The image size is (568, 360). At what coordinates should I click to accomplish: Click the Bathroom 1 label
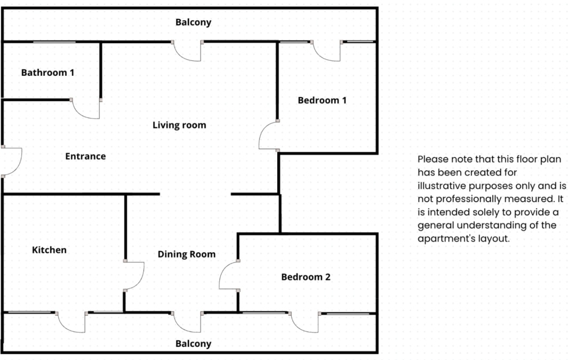[x=47, y=73]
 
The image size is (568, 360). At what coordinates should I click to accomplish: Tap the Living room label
[x=179, y=125]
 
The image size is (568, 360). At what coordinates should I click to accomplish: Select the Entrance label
[x=85, y=156]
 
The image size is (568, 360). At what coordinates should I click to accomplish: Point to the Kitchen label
[x=49, y=250]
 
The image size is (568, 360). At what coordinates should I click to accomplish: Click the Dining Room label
[x=187, y=254]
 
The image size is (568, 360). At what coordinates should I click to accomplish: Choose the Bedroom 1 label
[x=322, y=100]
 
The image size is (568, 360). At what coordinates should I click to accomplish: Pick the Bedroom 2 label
[x=306, y=277]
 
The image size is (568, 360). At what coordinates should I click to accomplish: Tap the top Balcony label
[x=193, y=22]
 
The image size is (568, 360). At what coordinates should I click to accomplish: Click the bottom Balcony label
[x=193, y=343]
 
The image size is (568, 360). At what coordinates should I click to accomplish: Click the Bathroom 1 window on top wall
[x=54, y=42]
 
